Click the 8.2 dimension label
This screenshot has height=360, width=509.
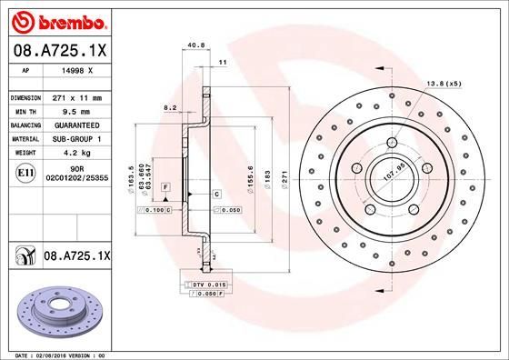click(170, 107)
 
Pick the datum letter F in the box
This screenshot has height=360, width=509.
click(166, 186)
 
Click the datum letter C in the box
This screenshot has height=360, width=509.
click(217, 195)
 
